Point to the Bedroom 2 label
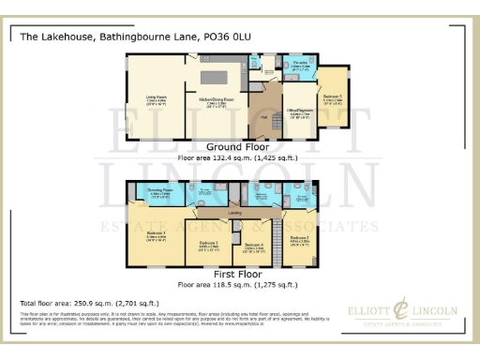(300, 239)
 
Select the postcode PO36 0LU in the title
(227, 37)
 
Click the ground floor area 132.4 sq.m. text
(237, 158)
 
